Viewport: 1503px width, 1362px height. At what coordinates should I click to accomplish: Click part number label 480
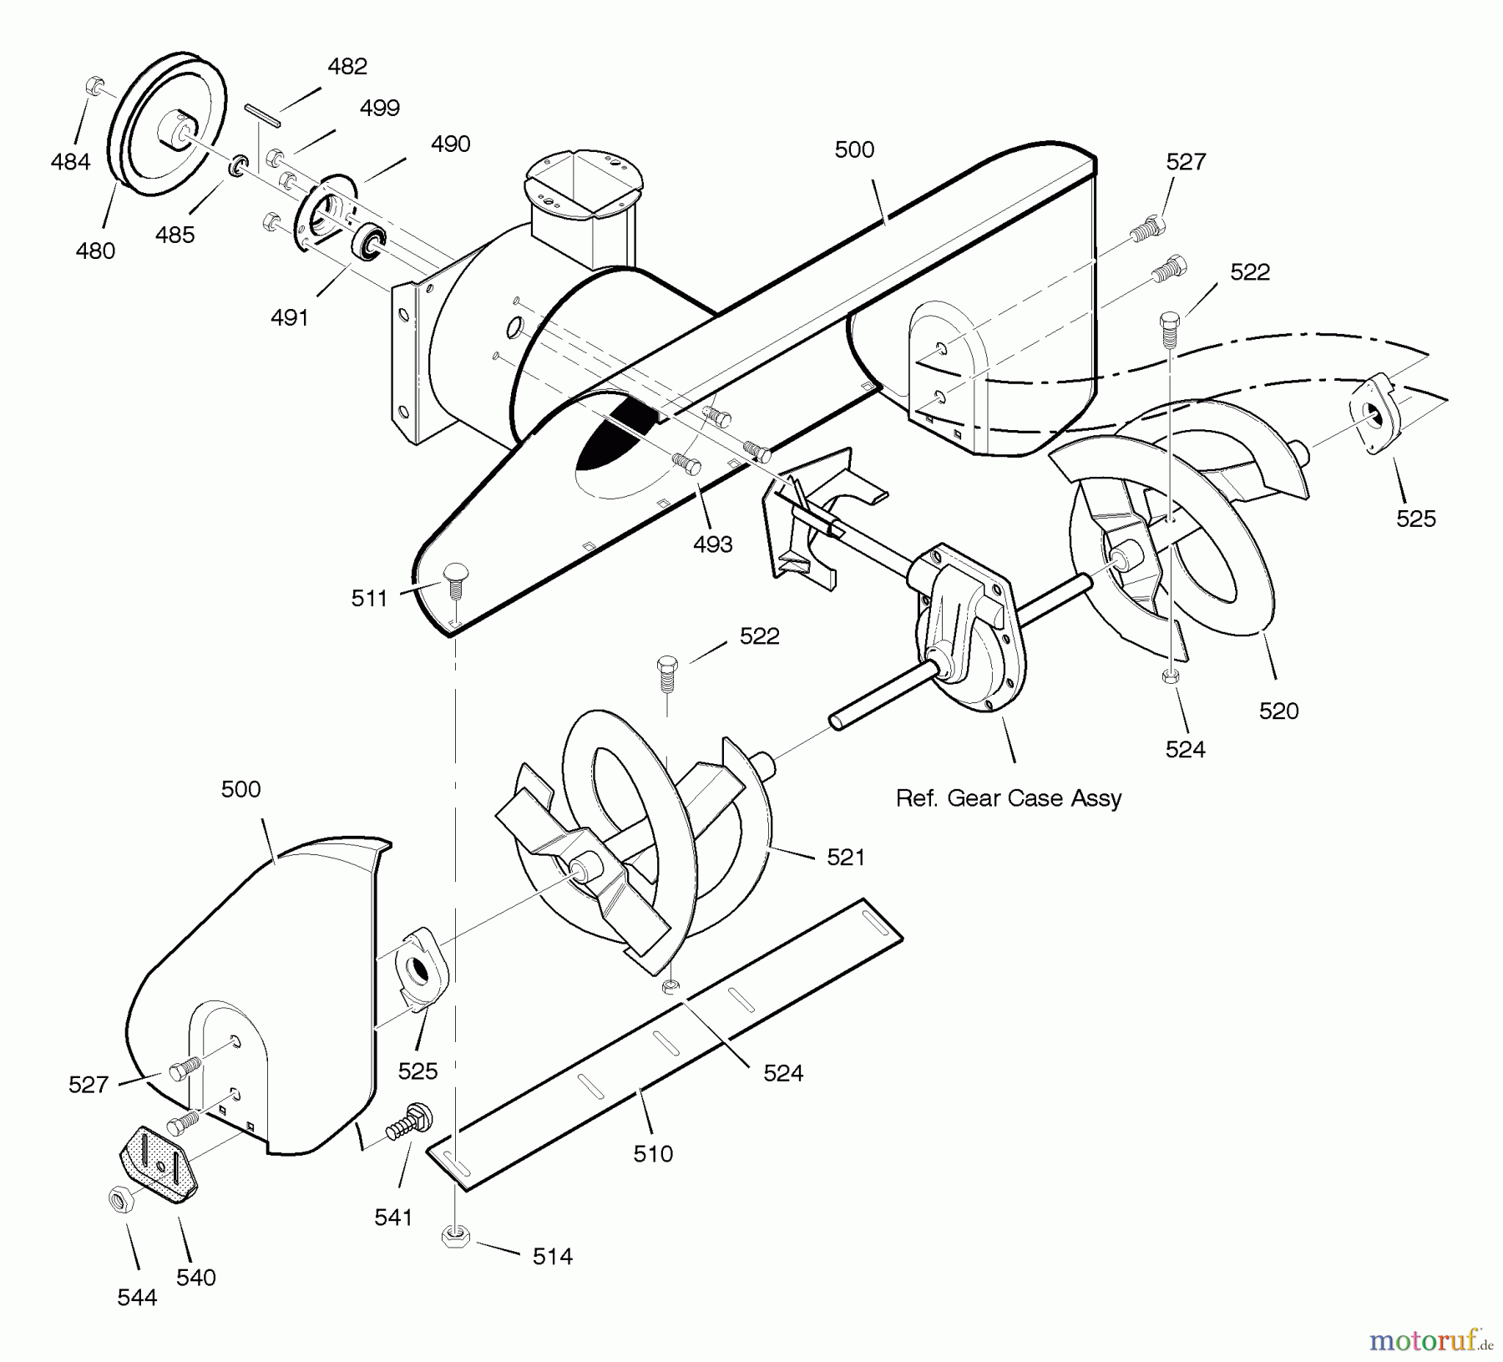click(95, 251)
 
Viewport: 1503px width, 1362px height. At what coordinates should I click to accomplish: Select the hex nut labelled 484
click(95, 86)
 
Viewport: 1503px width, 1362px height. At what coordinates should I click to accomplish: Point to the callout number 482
click(347, 67)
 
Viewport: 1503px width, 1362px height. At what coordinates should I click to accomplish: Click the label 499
click(380, 109)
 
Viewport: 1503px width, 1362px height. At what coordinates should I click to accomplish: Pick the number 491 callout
click(290, 318)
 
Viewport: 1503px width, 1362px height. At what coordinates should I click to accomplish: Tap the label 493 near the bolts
click(712, 544)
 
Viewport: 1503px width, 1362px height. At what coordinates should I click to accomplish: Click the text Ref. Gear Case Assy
click(1008, 798)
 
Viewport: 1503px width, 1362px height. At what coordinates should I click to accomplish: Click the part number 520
click(1278, 711)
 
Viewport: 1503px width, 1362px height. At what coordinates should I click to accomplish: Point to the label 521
click(845, 858)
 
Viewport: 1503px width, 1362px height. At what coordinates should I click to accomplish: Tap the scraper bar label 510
click(652, 1154)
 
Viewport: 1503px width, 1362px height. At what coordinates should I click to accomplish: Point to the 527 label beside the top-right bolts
click(1186, 162)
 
